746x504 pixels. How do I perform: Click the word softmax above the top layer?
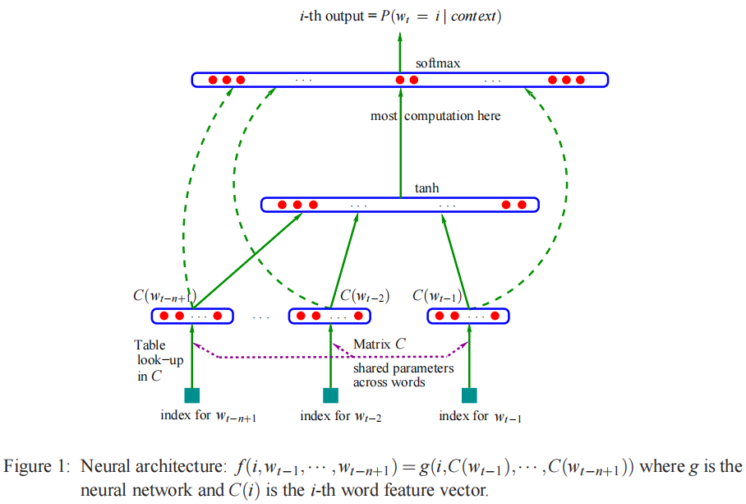(x=437, y=63)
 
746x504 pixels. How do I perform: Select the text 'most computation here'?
(x=435, y=116)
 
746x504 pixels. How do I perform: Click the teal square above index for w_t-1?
(x=469, y=395)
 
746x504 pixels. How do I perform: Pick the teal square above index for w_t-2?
(x=330, y=395)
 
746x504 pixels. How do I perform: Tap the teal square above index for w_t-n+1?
(x=192, y=395)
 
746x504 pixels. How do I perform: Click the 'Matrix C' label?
(x=379, y=344)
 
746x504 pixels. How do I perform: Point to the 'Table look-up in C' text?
(x=150, y=360)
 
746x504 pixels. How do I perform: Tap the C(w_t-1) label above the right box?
(x=437, y=295)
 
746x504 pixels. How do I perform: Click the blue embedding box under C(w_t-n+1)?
(x=192, y=316)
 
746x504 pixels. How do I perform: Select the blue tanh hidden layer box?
(x=399, y=205)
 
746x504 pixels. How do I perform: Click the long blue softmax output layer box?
(x=399, y=80)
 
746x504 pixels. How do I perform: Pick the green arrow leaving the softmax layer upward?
(x=400, y=49)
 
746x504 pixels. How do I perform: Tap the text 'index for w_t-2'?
(x=341, y=417)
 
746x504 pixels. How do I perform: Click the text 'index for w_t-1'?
(x=481, y=417)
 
